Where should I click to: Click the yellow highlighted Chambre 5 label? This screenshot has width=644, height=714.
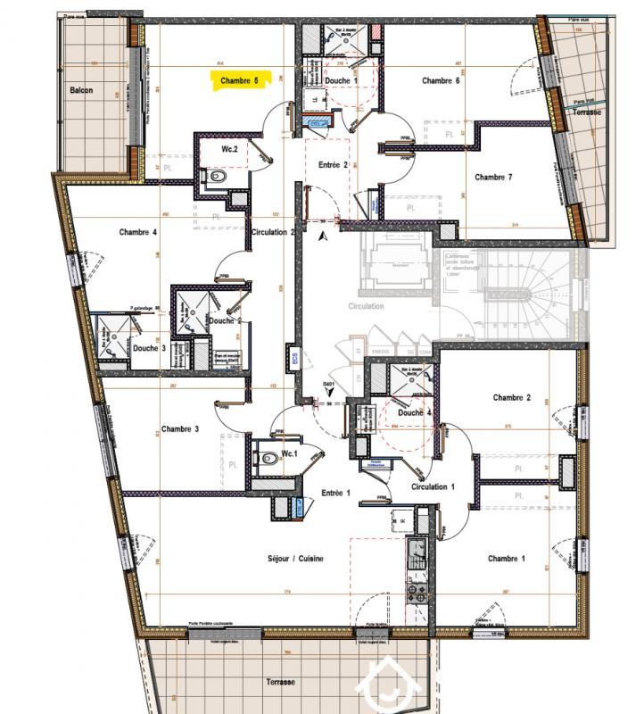coord(240,80)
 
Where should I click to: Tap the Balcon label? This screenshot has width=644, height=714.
coord(82,90)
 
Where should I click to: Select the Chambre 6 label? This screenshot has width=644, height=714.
coord(441,80)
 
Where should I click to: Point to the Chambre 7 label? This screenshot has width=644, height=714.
coord(493,177)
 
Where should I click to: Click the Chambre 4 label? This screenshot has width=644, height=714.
coord(138,232)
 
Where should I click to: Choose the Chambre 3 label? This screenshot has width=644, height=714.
coord(179,428)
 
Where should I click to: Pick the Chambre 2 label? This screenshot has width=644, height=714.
coord(511,397)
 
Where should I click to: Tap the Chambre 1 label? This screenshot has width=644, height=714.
coord(506,559)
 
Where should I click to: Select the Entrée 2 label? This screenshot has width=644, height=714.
coord(333,166)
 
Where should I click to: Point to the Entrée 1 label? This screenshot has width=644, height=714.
coord(336,493)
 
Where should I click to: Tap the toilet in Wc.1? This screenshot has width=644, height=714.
coord(269,459)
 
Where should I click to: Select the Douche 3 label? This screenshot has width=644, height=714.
coord(149,348)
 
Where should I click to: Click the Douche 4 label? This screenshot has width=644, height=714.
coord(415,412)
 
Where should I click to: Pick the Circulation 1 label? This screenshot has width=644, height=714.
coord(433,486)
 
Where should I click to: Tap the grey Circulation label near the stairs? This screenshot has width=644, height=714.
coord(367,306)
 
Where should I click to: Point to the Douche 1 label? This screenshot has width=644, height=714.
coord(341,81)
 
